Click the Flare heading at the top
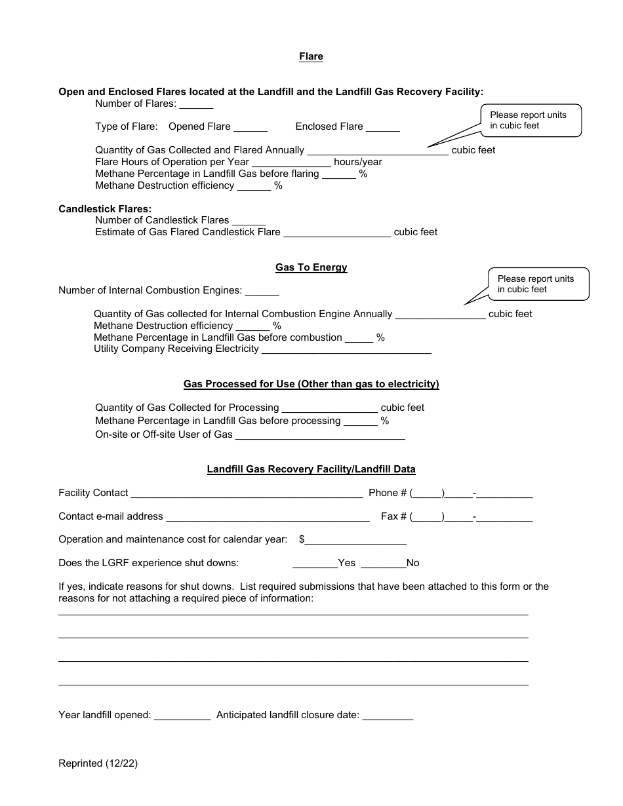pos(311,56)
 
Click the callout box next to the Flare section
pos(531,121)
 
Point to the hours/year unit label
pos(358,162)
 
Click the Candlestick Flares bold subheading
pos(105,209)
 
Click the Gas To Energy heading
pos(311,267)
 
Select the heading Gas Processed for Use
pos(311,384)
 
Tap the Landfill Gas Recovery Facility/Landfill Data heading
pos(311,469)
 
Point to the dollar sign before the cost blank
pos(302,539)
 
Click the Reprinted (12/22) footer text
pos(98,763)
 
